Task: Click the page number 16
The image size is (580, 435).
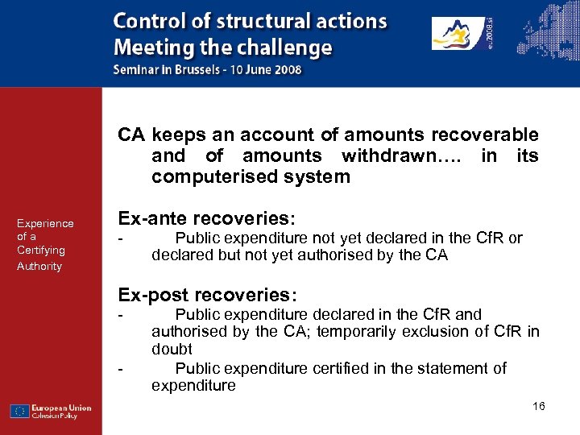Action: click(x=539, y=406)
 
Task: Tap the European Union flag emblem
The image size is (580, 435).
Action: click(x=20, y=411)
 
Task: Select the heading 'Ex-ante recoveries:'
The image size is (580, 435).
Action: click(x=207, y=218)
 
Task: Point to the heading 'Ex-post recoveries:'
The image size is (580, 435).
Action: click(x=208, y=295)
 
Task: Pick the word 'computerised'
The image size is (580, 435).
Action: click(x=211, y=176)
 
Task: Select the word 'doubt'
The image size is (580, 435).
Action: click(x=172, y=349)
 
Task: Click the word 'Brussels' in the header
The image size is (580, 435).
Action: click(x=192, y=69)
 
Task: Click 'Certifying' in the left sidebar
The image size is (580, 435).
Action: click(x=41, y=250)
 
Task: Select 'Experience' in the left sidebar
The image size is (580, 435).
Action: click(x=45, y=223)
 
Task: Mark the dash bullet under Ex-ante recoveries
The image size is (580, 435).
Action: click(x=121, y=238)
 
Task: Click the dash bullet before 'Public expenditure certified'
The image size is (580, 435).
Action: click(x=121, y=369)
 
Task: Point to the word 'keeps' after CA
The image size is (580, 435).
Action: click(x=176, y=135)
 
